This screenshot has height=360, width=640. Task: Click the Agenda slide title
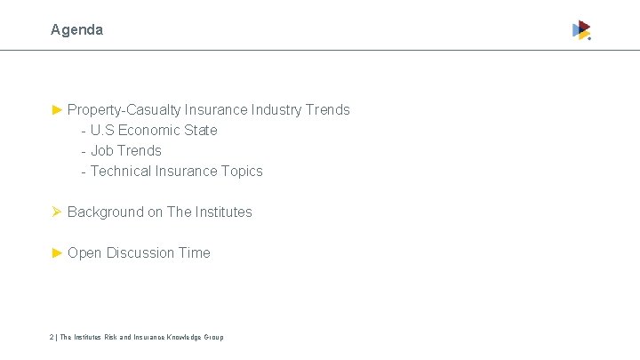(76, 29)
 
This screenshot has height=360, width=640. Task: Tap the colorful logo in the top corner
(581, 30)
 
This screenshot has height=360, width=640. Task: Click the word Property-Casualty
(124, 110)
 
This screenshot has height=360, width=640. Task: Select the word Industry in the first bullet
(276, 109)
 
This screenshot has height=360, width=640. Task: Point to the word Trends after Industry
(327, 109)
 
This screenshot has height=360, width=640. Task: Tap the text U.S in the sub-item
(102, 130)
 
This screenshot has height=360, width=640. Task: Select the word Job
(101, 150)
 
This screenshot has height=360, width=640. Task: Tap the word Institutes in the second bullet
(223, 212)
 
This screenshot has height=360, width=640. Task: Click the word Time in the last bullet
(195, 252)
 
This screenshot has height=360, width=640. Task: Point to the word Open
(84, 252)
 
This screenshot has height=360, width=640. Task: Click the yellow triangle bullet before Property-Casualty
(57, 109)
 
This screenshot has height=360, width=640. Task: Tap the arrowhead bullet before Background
(57, 212)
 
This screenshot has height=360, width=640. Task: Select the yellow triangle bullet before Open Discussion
(57, 252)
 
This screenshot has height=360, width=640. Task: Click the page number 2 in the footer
(52, 337)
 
